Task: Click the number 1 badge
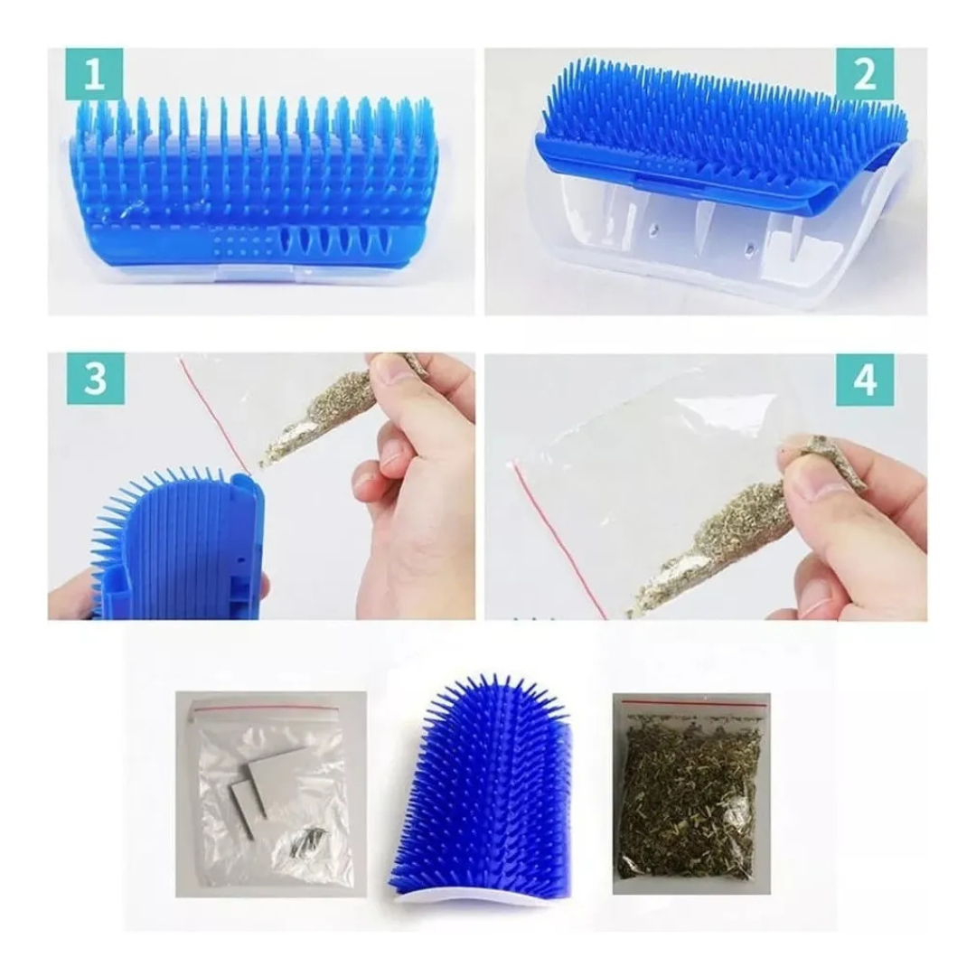point(94,75)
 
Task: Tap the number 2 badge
point(865,75)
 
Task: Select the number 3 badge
point(94,379)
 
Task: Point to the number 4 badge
point(865,379)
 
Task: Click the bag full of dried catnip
point(691,793)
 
